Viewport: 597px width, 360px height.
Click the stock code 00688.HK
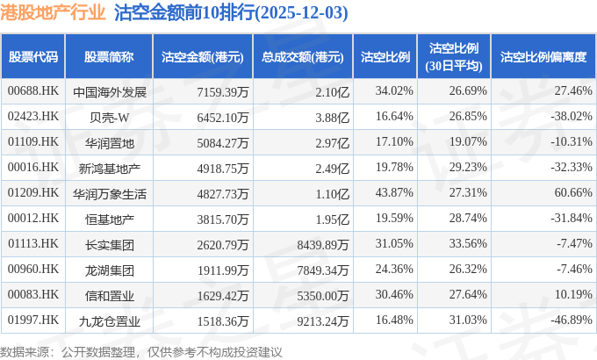point(32,91)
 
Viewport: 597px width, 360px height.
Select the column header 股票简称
point(109,56)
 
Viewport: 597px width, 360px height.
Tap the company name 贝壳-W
point(109,116)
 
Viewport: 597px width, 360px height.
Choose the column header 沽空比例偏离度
point(543,56)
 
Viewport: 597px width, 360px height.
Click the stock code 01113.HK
point(32,243)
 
